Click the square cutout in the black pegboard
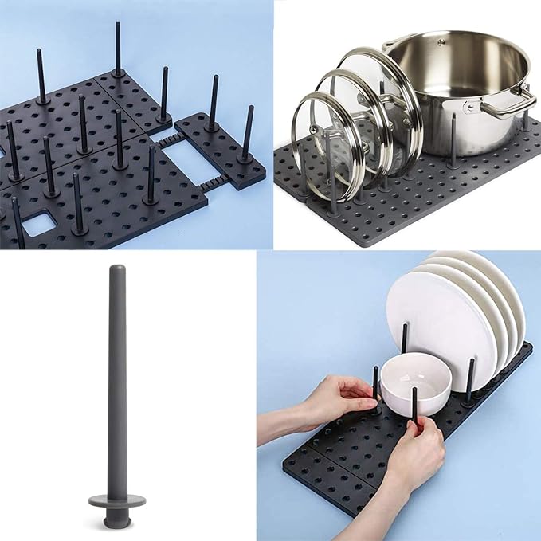(36, 225)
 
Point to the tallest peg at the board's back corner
(118, 48)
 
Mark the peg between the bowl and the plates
(406, 343)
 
